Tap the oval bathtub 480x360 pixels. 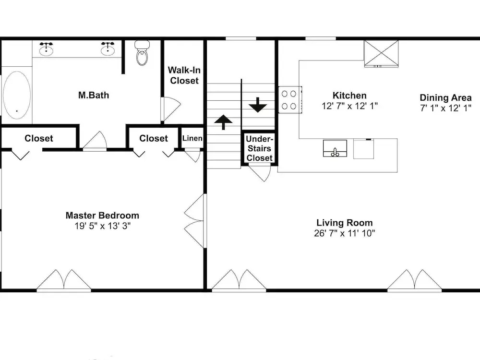click(17, 95)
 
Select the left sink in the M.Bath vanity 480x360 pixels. click(46, 49)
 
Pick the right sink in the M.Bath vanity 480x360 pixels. click(108, 49)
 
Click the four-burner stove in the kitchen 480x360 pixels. click(290, 100)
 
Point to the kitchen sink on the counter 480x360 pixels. click(335, 148)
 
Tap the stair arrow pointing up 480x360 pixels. click(223, 122)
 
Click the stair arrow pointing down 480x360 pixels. click(258, 105)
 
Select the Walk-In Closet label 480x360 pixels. click(184, 75)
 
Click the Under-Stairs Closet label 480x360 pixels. click(259, 148)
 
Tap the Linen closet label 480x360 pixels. click(192, 138)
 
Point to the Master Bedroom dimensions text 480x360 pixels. click(103, 226)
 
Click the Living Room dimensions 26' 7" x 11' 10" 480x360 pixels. click(344, 233)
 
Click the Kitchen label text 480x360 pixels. click(349, 96)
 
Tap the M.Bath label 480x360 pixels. click(94, 95)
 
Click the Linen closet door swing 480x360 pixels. click(192, 155)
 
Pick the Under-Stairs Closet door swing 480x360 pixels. click(260, 173)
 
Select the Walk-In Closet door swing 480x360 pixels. click(171, 109)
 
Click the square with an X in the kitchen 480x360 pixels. click(381, 53)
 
